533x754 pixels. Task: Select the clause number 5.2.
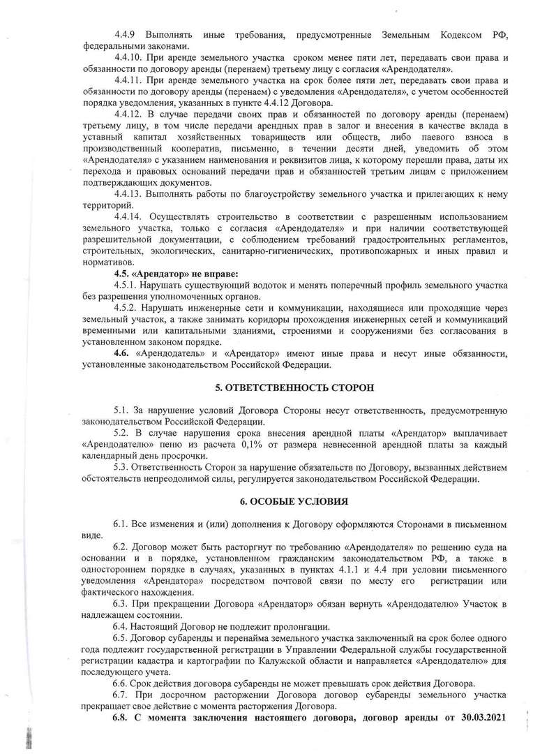pyautogui.click(x=121, y=432)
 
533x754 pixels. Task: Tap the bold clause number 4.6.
pyautogui.click(x=122, y=353)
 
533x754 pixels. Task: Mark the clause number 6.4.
pyautogui.click(x=121, y=626)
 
